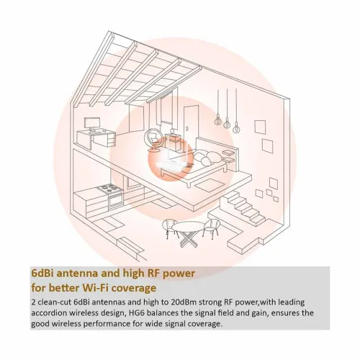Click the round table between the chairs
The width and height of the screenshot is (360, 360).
pos(189,229)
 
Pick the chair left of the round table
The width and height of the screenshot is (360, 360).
pos(167,228)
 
